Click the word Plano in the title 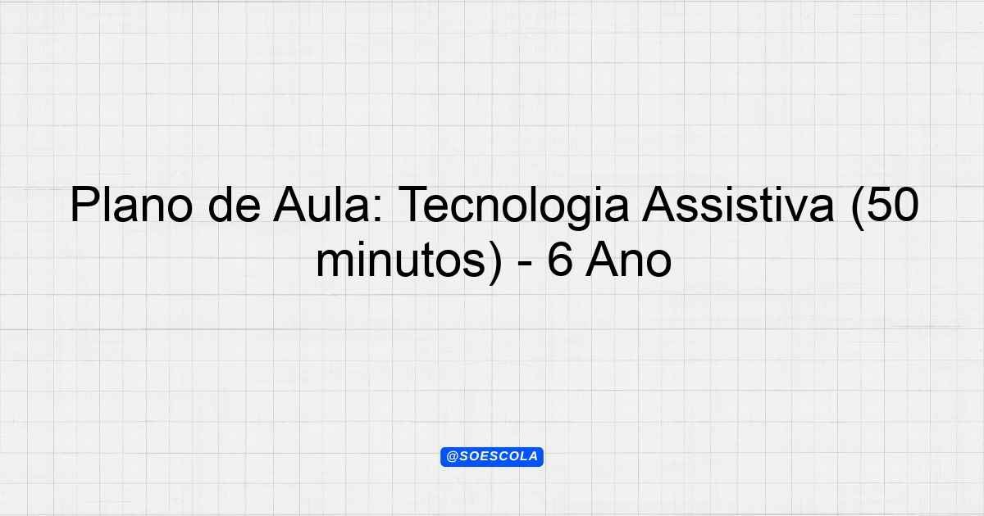131,205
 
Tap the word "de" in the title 235,205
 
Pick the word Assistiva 737,205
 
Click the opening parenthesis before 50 859,208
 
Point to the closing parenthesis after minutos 494,262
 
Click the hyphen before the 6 525,265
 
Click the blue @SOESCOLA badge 492,457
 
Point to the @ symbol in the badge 453,457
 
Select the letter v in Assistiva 796,210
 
